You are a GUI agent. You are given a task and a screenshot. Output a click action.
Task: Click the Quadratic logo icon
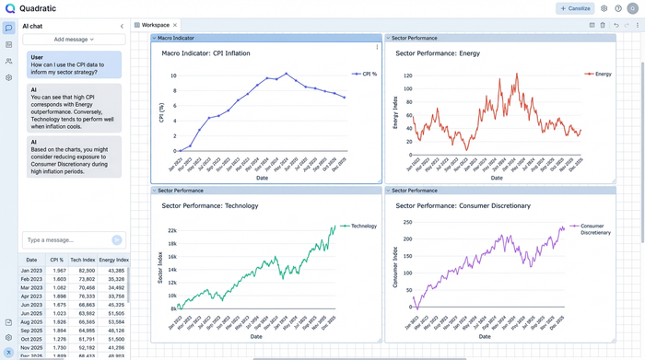coord(9,8)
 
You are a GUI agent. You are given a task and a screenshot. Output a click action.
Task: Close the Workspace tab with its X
coord(175,25)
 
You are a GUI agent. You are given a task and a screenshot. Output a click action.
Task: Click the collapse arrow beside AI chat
coord(122,26)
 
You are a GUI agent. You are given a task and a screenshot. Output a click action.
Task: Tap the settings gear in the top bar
coord(604,8)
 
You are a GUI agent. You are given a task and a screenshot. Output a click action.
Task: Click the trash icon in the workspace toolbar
coord(603,25)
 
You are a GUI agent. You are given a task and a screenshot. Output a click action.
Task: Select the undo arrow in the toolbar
coord(616,25)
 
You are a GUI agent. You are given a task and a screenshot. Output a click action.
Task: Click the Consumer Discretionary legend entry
coord(594,229)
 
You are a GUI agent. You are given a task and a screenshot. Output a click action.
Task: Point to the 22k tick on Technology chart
coord(171,230)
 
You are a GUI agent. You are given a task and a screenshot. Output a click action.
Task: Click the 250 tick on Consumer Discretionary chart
coord(406,222)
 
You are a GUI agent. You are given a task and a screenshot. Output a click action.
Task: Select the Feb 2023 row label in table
coord(31,279)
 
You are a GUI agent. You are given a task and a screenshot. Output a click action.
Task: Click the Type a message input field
coord(64,239)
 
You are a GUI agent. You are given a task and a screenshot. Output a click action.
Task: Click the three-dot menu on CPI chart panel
coord(376,47)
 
